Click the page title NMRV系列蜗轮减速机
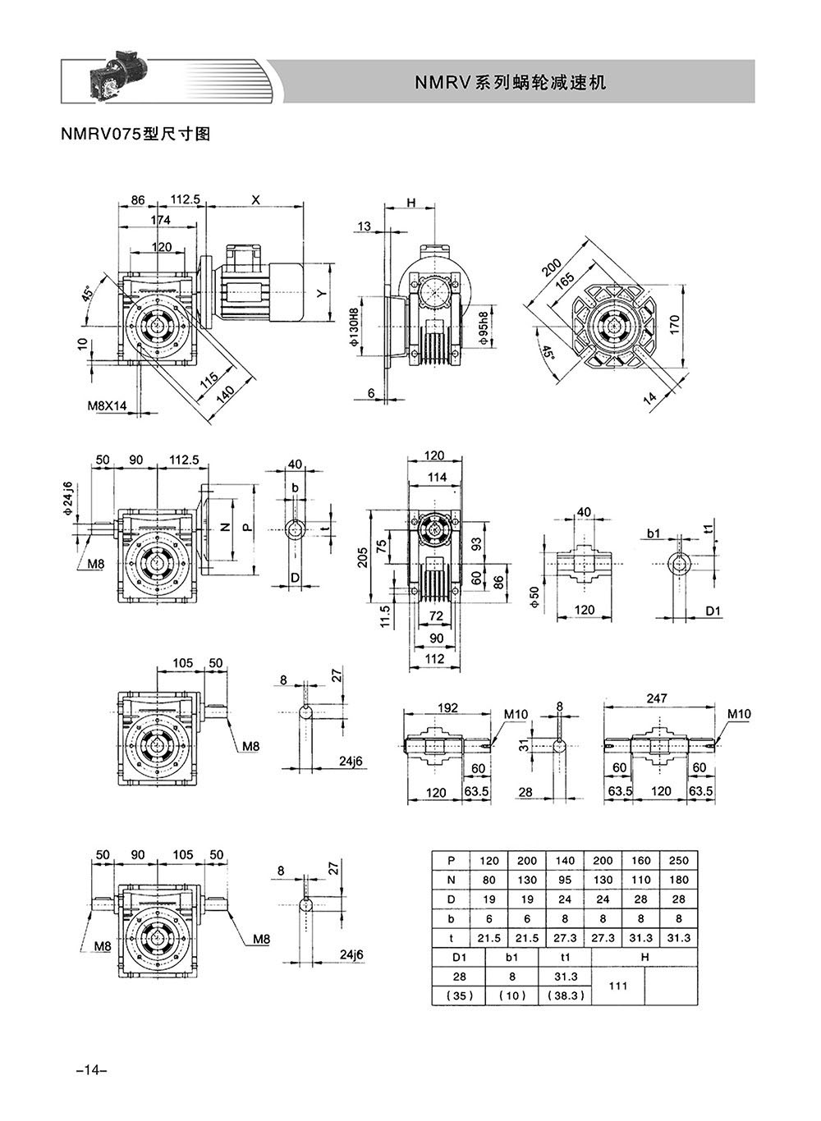(x=511, y=82)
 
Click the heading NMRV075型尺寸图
(x=135, y=134)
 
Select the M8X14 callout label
(x=107, y=405)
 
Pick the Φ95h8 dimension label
(x=483, y=327)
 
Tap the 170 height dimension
(x=674, y=325)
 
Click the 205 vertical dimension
(x=363, y=557)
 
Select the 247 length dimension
(x=656, y=698)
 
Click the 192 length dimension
(x=447, y=707)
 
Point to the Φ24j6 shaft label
(x=67, y=498)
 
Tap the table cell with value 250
(x=678, y=861)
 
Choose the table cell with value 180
(x=678, y=880)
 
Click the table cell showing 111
(x=618, y=986)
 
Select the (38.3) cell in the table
(x=566, y=995)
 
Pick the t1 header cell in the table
(x=565, y=958)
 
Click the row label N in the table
(x=451, y=880)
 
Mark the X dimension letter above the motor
(x=256, y=200)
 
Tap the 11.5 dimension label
(x=385, y=616)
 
